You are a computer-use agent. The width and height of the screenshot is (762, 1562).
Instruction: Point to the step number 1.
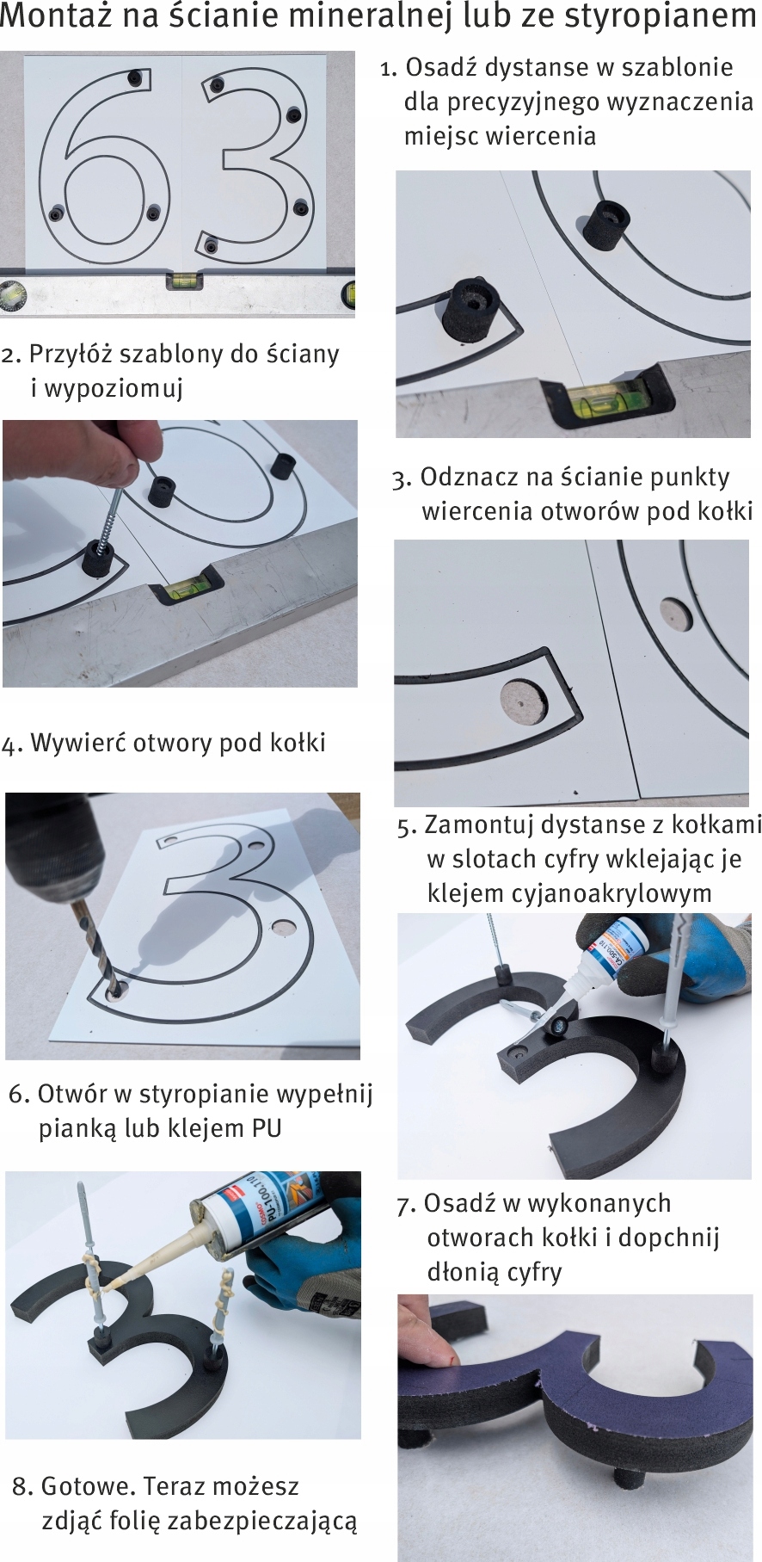(388, 68)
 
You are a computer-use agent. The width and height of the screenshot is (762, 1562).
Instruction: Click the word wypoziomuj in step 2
(107, 389)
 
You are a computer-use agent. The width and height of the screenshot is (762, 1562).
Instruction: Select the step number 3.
(402, 478)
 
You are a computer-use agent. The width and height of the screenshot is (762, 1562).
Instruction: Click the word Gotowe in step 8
(87, 1486)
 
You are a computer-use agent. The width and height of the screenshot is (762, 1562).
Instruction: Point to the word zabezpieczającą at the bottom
(262, 1522)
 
